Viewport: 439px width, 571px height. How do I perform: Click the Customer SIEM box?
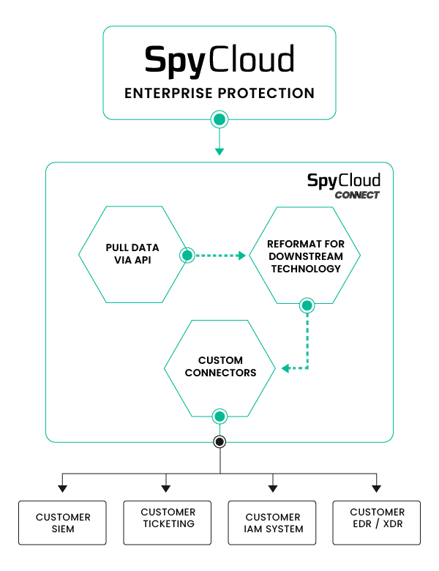[63, 523]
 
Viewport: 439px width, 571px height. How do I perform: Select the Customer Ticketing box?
[168, 523]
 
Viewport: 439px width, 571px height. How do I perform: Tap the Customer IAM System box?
[272, 523]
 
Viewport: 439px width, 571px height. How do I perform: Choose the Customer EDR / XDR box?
[377, 523]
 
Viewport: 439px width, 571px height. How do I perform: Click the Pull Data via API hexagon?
[132, 254]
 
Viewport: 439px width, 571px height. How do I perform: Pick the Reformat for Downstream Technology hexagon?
[304, 255]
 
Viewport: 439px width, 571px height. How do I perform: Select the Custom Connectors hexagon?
[220, 367]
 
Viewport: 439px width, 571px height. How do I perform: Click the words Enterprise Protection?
[219, 94]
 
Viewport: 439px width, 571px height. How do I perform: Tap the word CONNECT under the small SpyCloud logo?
[357, 195]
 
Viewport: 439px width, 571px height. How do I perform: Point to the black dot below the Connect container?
[219, 441]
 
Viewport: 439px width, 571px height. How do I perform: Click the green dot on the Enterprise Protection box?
[219, 119]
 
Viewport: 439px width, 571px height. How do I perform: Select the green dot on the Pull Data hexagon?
[187, 255]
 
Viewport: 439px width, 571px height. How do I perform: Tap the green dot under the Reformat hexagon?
[307, 305]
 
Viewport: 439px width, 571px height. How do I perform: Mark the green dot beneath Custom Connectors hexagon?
[219, 417]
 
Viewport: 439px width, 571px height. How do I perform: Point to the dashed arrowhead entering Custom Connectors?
[286, 367]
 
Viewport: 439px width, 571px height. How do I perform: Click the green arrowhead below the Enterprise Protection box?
[219, 151]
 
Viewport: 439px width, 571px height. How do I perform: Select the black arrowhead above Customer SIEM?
[63, 488]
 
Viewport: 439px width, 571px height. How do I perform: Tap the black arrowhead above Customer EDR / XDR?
[377, 488]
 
